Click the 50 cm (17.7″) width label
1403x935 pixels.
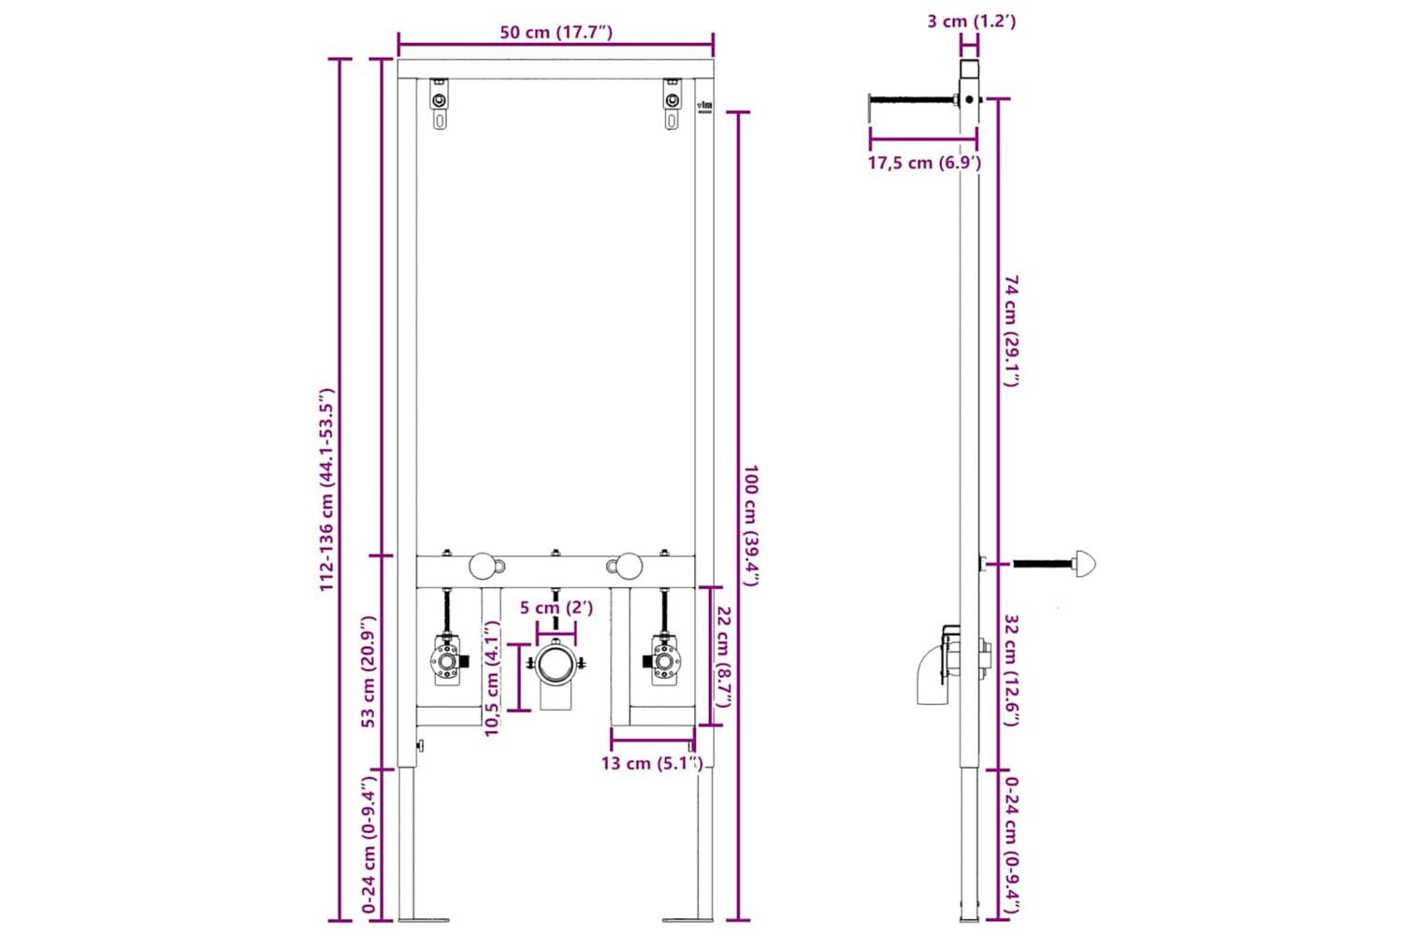556,33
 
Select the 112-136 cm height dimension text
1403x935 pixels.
326,489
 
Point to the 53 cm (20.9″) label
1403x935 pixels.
369,671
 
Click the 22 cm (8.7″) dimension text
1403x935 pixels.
723,656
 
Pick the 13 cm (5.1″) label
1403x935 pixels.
651,764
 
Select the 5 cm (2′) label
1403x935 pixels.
556,608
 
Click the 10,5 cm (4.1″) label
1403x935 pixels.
493,678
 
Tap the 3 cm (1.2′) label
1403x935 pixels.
971,21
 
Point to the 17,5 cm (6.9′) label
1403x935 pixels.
924,163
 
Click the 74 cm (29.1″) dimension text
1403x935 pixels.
1011,330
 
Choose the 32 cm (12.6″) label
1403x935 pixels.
1011,669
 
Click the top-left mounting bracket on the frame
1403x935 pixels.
440,104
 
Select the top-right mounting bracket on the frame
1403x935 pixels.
672,104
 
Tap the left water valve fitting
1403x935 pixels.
448,660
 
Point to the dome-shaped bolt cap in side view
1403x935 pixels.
1084,564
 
